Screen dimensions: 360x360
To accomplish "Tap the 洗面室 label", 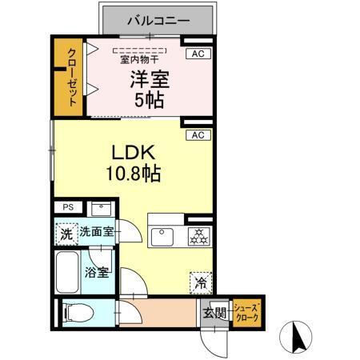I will point(97,234).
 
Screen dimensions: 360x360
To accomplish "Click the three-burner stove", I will point(196,237).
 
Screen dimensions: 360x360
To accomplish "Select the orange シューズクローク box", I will point(246,310).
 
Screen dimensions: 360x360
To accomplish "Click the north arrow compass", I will point(295,336).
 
